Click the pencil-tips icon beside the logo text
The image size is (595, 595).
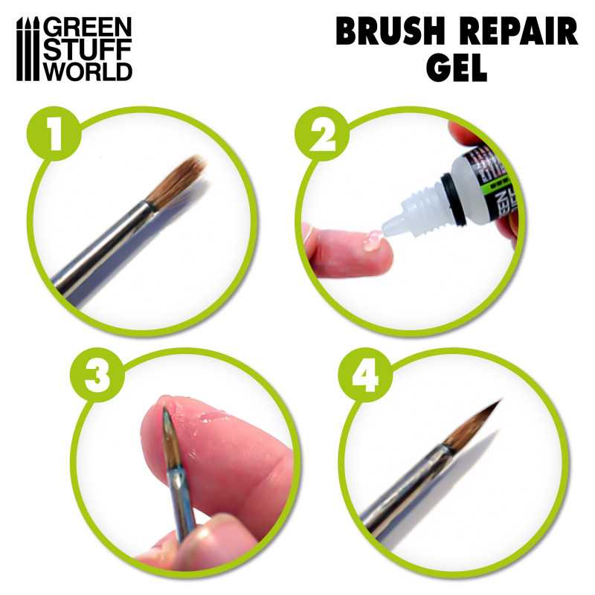28,50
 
